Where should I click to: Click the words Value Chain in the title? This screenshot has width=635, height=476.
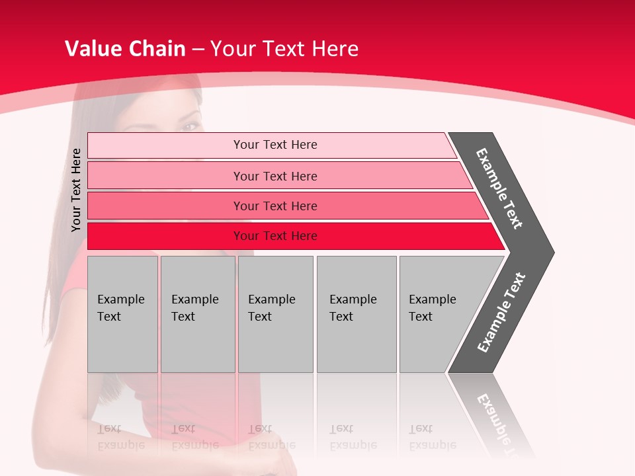(x=125, y=49)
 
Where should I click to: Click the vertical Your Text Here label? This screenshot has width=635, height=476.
(x=76, y=190)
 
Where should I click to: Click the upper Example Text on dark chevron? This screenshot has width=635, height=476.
(x=499, y=188)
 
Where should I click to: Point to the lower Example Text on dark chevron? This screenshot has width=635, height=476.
(x=501, y=313)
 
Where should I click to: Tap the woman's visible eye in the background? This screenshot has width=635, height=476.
(x=190, y=126)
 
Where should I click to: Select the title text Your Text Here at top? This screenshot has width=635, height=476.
(x=284, y=49)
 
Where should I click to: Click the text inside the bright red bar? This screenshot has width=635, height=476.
(x=275, y=236)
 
